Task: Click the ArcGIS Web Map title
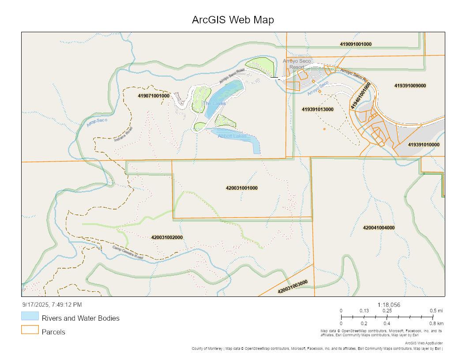click(233, 20)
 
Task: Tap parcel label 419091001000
click(356, 44)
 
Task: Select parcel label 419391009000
click(410, 86)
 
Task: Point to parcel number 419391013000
click(317, 109)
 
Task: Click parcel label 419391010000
click(423, 145)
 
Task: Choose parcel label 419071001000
click(154, 96)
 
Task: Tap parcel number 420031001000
click(242, 188)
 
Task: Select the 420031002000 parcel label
click(167, 237)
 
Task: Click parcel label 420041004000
click(379, 228)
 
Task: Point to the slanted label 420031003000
click(293, 287)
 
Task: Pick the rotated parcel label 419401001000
click(361, 96)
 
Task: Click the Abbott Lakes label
click(232, 136)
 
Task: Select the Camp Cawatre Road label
click(128, 252)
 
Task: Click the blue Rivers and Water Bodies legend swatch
click(30, 316)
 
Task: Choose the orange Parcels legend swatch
click(30, 330)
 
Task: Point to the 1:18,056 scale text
click(389, 305)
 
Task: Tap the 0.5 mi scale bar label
click(436, 311)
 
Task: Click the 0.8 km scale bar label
click(436, 323)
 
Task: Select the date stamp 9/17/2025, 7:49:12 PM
click(52, 304)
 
